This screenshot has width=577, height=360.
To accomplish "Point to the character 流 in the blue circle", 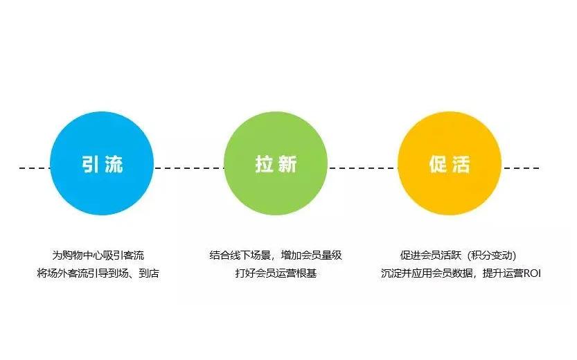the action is click(x=114, y=165).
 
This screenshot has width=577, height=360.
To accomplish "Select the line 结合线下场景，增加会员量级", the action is click(x=276, y=255).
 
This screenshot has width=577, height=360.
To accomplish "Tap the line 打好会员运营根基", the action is click(x=276, y=273).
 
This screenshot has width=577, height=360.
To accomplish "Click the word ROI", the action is click(x=531, y=273).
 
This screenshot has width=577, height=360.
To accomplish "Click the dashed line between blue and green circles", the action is click(x=188, y=168).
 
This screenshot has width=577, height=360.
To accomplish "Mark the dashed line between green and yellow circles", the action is click(x=362, y=168).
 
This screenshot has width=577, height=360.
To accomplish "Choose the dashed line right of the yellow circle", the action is click(x=521, y=168).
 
